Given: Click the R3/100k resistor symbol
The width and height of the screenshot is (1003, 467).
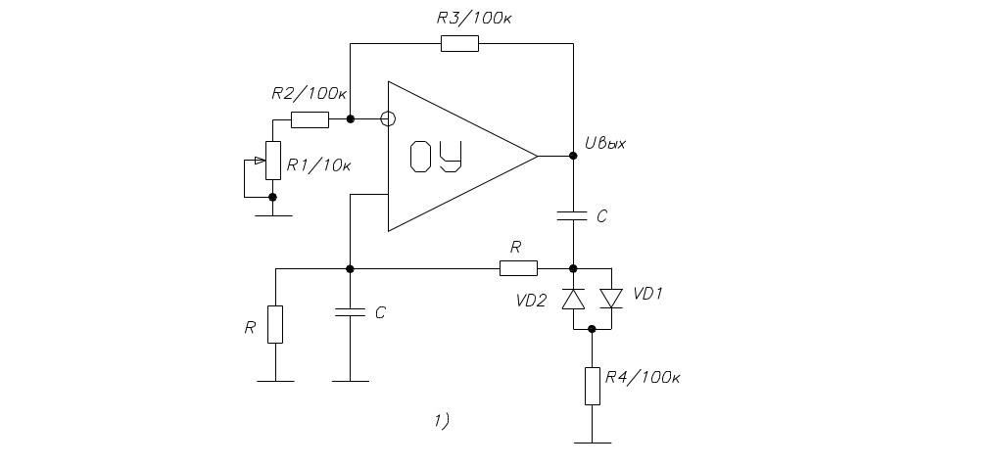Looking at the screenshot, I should (459, 43).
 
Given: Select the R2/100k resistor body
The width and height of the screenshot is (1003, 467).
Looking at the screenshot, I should (310, 119).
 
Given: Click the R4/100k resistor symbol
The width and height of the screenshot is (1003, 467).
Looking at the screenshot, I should (592, 386).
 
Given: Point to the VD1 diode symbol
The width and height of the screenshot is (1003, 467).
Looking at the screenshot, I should (611, 298).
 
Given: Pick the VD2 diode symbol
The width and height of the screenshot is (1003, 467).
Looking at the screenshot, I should (573, 299).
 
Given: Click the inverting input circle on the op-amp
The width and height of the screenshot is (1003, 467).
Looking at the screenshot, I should (388, 119).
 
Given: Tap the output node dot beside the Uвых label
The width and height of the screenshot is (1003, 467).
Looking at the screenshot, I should (573, 156).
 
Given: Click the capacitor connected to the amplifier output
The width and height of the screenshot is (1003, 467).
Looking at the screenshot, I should (573, 215).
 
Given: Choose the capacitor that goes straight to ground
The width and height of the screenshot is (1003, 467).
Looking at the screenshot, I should (351, 313).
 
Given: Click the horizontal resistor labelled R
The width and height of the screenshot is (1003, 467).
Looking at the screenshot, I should (518, 268).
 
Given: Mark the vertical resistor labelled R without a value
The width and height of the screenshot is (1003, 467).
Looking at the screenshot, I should (275, 324).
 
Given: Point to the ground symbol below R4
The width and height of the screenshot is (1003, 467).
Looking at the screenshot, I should (592, 442).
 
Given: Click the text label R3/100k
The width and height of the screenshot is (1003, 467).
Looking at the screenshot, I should (473, 18).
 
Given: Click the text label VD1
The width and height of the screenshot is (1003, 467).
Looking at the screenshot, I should (648, 293).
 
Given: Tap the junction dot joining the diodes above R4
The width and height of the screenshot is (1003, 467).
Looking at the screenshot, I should (592, 329).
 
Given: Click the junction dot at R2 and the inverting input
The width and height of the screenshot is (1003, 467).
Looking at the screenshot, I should (351, 119).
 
